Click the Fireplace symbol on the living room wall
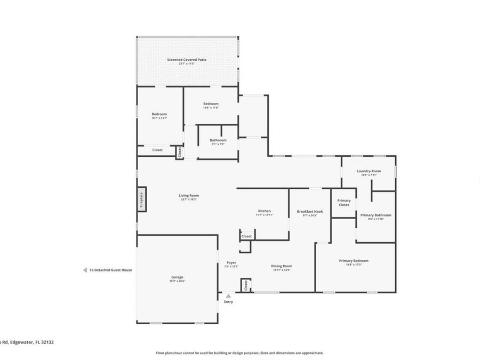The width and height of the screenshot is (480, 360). [142, 199]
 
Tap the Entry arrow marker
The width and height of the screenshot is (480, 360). [228, 296]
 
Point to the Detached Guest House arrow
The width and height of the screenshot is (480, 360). [85, 270]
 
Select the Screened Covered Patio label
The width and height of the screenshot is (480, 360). [186, 60]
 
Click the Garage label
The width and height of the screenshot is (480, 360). [177, 277]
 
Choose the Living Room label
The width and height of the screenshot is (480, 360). [189, 195]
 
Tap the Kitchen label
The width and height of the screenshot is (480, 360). [265, 211]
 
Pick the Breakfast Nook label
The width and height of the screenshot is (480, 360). [310, 212]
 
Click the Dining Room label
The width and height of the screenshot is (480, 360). [282, 266]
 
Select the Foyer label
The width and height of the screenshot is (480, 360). [231, 262]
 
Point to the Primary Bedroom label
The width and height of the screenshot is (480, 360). [354, 261]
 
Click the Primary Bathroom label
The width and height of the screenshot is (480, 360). [375, 215]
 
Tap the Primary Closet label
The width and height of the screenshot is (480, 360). [344, 203]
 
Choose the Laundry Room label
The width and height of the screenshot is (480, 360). [369, 171]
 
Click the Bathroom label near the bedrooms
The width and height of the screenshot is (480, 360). [218, 140]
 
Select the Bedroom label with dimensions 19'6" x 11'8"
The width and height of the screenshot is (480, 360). [211, 103]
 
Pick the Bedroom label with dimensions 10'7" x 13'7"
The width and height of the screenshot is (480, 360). [159, 114]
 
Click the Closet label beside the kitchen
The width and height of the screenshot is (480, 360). [246, 236]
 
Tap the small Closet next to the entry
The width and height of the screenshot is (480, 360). [246, 285]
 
